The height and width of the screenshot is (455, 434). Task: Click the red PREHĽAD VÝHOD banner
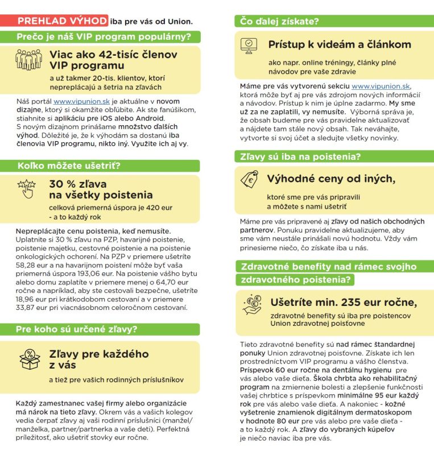[61, 21]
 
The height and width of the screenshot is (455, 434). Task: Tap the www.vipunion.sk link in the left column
[81, 101]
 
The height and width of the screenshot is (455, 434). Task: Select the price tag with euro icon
[249, 180]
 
